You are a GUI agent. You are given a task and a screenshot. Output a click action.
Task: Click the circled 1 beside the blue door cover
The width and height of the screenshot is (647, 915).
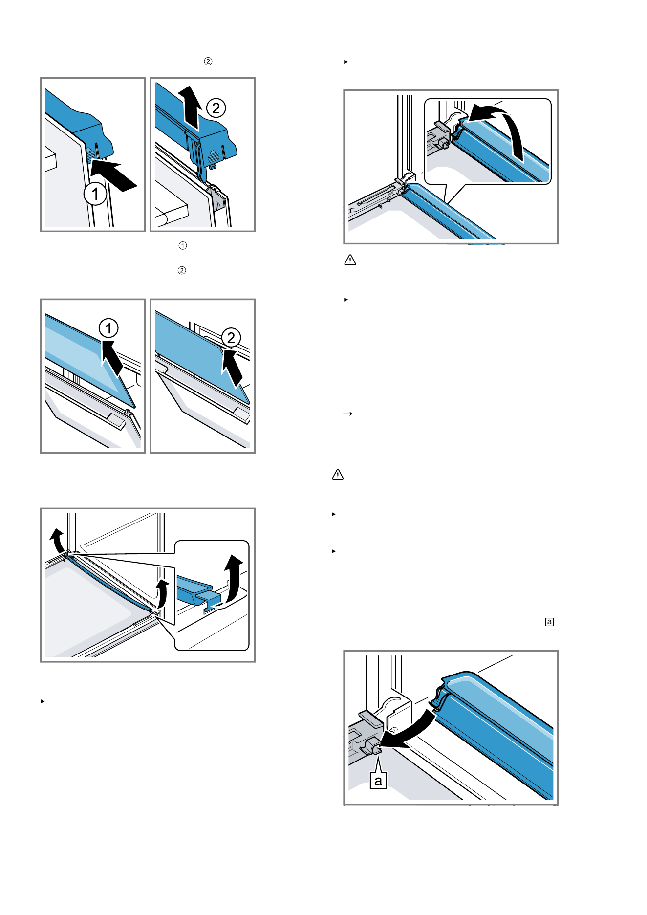95,194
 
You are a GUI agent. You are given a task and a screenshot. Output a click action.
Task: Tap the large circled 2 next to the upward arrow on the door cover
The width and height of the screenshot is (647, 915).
216,108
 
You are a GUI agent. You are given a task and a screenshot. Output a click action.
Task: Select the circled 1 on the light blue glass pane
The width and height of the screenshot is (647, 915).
108,327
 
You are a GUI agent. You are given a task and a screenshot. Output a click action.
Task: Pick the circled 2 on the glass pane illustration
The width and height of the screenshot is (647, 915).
231,337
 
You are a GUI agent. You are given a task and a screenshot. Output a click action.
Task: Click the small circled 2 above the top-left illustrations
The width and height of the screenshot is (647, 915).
208,62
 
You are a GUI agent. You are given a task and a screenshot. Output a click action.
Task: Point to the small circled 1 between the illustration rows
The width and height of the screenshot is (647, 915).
182,245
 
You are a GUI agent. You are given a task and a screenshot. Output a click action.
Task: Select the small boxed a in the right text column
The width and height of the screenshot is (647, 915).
550,622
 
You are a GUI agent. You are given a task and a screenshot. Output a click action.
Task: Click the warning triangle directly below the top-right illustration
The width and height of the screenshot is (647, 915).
350,260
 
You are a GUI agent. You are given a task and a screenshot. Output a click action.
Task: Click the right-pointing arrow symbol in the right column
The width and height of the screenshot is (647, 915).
348,414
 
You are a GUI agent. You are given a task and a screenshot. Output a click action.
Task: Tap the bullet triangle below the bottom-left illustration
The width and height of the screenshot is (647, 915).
43,701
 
